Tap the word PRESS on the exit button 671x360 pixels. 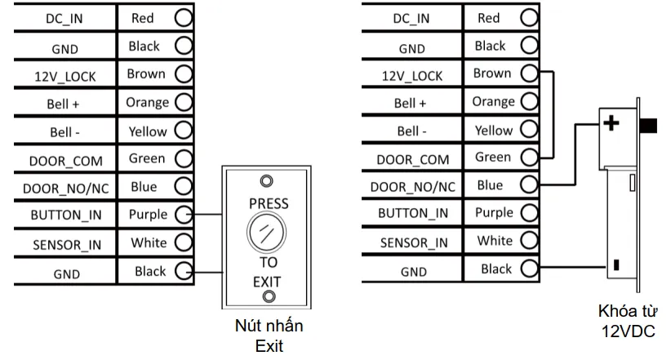[x=267, y=202]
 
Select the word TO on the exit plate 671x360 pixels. [x=267, y=263]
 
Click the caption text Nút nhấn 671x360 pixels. [x=268, y=327]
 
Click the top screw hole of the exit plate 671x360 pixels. [x=267, y=180]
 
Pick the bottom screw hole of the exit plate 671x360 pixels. [x=267, y=295]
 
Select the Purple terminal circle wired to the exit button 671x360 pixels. [x=183, y=215]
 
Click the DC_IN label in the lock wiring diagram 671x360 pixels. [x=411, y=18]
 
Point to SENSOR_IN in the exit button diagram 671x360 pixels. [x=66, y=244]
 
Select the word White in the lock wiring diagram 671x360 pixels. [x=494, y=241]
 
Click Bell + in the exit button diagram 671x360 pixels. [x=66, y=104]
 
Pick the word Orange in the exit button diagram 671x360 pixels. [x=147, y=103]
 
